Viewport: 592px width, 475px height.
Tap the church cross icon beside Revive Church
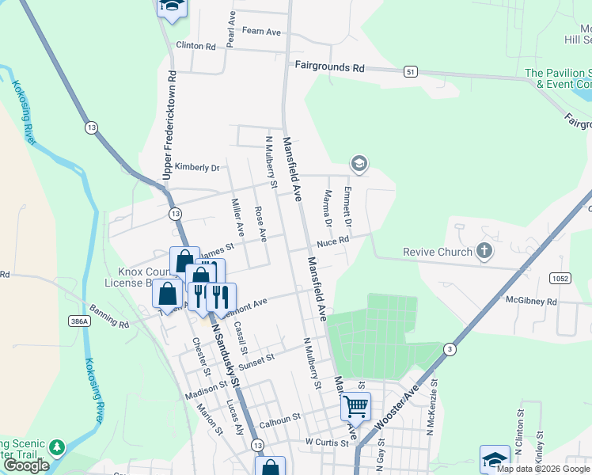484,252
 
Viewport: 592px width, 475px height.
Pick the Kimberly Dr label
196,168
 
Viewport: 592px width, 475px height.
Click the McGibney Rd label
531,302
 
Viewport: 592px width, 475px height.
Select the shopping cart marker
355,406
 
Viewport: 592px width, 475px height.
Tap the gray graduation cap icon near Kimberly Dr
359,164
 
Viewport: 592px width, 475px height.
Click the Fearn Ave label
262,32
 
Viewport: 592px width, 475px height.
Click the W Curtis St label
326,443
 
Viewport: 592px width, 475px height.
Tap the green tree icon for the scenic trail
56,447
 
